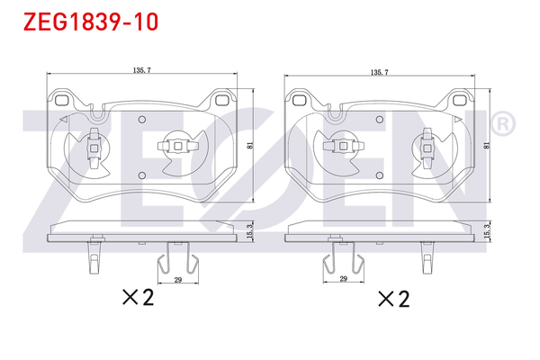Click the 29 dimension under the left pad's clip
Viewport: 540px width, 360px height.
[178, 282]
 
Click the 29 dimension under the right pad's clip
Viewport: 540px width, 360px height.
[344, 282]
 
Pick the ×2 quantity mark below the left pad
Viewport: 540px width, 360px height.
[139, 298]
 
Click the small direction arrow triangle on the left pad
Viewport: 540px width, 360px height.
[64, 119]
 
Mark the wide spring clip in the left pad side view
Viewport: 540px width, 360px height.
[178, 260]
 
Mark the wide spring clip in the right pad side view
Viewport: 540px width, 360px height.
[344, 260]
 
